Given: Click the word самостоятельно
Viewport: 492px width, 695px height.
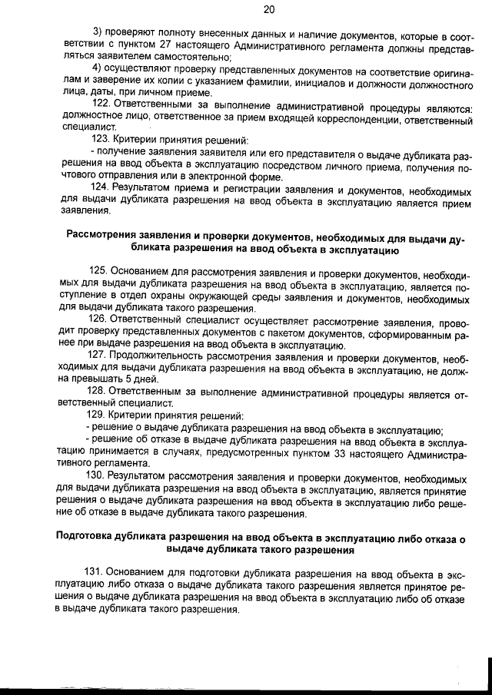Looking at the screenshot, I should tap(190, 58).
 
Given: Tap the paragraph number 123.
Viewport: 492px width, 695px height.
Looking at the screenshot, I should tap(102, 142).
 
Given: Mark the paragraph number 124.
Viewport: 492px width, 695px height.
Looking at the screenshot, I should tap(102, 189).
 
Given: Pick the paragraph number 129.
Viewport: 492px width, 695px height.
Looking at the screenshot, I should tap(102, 415).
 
